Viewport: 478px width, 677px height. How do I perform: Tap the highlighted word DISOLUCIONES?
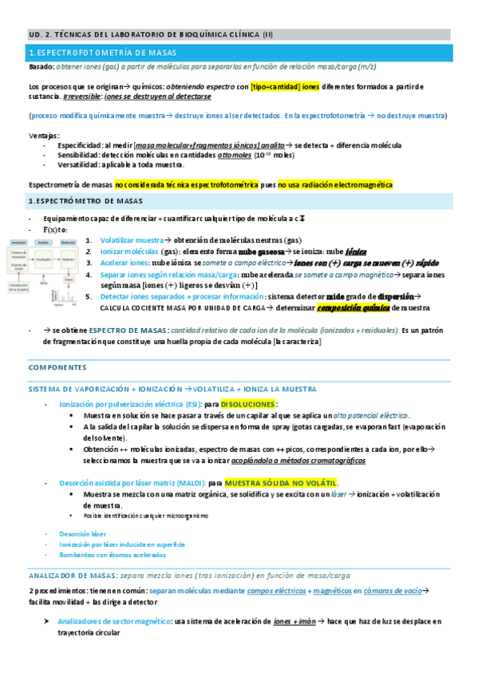247,405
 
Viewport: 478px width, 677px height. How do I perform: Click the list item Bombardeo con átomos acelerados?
103,554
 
